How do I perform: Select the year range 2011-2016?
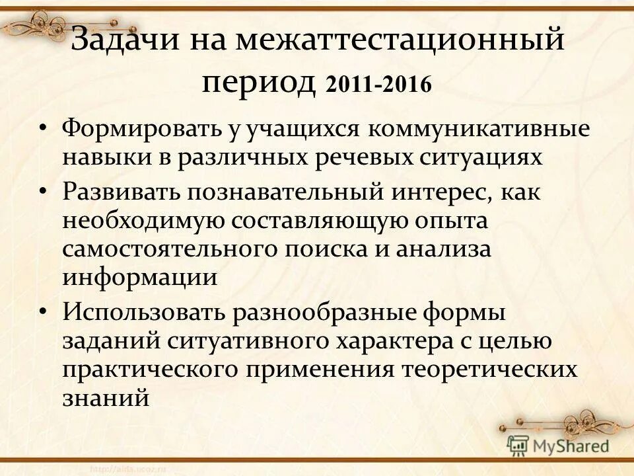[x=378, y=85]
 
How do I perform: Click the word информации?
[x=139, y=276]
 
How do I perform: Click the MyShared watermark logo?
[x=558, y=445]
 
